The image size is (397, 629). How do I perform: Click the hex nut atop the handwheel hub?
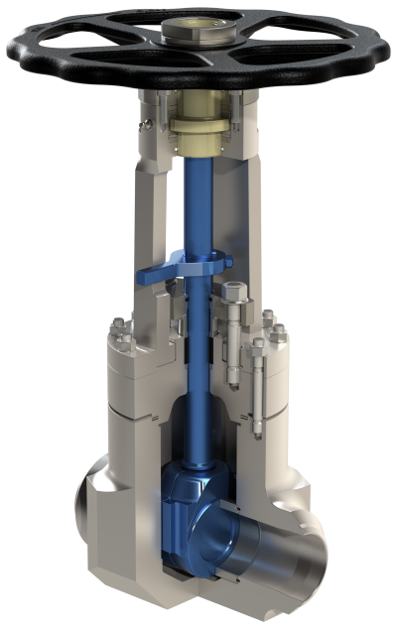click(x=181, y=33)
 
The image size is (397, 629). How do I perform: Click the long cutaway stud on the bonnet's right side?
click(x=259, y=387)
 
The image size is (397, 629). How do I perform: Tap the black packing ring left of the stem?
click(x=182, y=353)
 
